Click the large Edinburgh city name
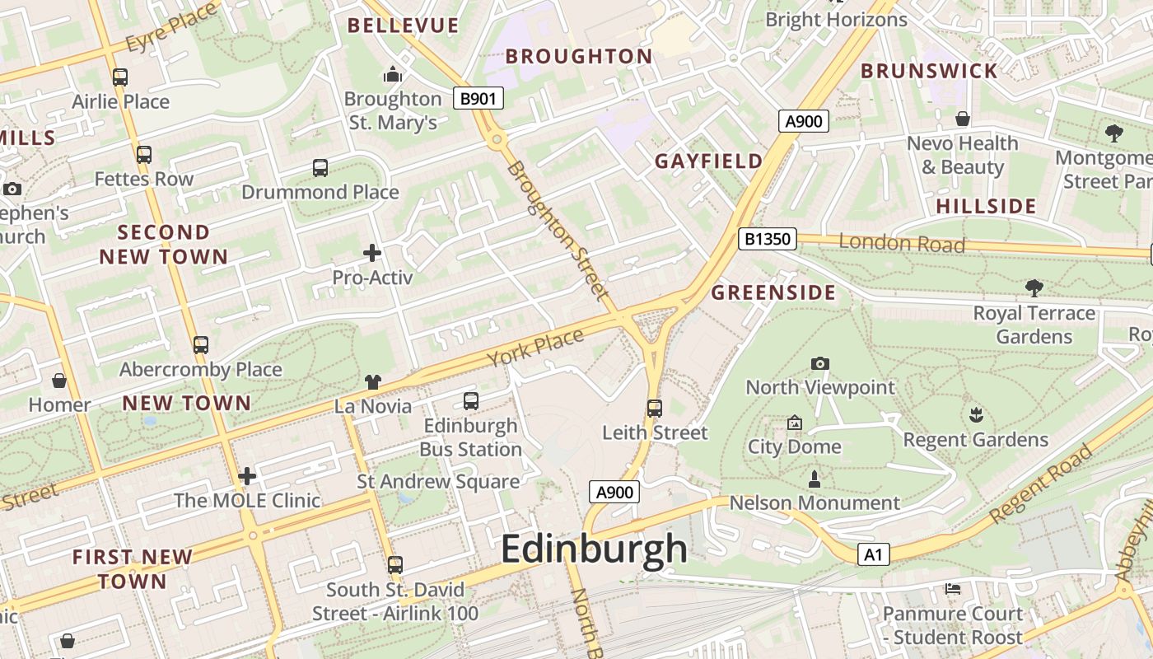click(x=594, y=549)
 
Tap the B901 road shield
click(x=478, y=99)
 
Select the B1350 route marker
click(x=768, y=239)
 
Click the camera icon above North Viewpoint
click(x=819, y=363)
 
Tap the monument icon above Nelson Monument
click(x=815, y=479)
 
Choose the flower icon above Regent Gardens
click(x=976, y=415)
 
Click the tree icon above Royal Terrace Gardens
click(x=1034, y=288)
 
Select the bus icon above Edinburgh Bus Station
click(x=470, y=401)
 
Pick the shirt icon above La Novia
click(x=373, y=382)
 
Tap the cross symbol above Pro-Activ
click(x=372, y=253)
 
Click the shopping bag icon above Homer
click(x=59, y=381)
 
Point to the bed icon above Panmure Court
click(x=953, y=589)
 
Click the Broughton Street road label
click(x=558, y=230)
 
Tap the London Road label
click(x=901, y=243)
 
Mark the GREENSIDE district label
click(x=773, y=292)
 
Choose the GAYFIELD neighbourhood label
click(x=708, y=161)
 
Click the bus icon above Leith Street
click(x=655, y=408)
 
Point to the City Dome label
click(x=794, y=446)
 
